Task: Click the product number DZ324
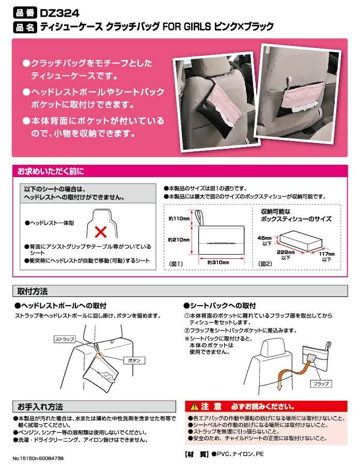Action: [x=59, y=13]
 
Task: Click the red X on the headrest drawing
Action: [x=101, y=232]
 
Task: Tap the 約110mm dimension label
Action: [x=179, y=218]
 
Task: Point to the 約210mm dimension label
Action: [x=179, y=240]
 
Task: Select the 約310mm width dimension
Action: [x=218, y=262]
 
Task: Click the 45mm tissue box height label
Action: [x=264, y=238]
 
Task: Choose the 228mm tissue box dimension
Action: [x=286, y=253]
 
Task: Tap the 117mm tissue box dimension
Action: [x=327, y=254]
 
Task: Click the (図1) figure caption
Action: [x=176, y=264]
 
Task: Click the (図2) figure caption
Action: [x=265, y=264]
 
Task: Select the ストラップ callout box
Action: [x=65, y=339]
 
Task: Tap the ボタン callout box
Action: [x=134, y=361]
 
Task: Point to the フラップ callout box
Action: [x=321, y=384]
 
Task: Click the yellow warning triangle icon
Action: [x=195, y=406]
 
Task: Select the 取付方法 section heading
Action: [x=33, y=291]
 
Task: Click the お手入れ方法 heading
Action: [x=40, y=407]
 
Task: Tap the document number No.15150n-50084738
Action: [x=38, y=458]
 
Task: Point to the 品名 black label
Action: [x=25, y=27]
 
